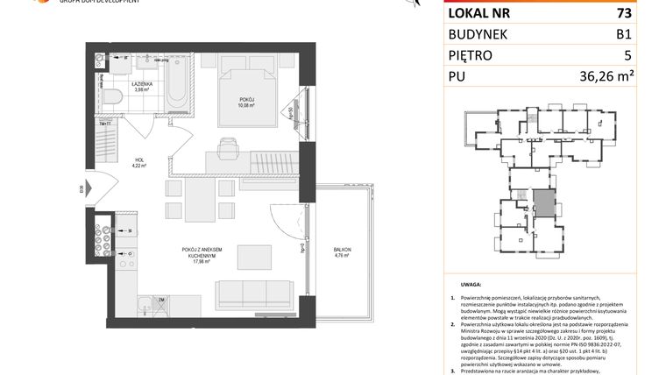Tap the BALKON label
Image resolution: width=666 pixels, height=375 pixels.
tap(343, 251)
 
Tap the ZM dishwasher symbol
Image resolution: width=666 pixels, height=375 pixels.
tap(163, 301)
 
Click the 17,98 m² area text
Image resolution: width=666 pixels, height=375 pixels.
tap(203, 259)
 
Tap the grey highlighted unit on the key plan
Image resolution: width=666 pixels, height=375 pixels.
tap(544, 203)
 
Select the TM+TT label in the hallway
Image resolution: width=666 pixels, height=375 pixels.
tap(104, 124)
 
